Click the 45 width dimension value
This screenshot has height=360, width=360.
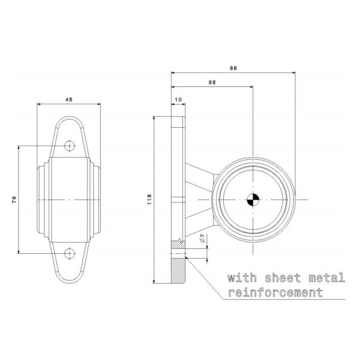[x=70, y=100]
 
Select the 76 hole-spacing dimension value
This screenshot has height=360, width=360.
[x=14, y=199]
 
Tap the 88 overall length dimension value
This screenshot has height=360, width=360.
[x=233, y=68]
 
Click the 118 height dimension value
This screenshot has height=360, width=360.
[x=150, y=199]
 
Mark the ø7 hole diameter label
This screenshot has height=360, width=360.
[x=203, y=239]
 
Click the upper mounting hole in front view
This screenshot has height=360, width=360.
[x=70, y=146]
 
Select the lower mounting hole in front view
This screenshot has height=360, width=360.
[x=70, y=253]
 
